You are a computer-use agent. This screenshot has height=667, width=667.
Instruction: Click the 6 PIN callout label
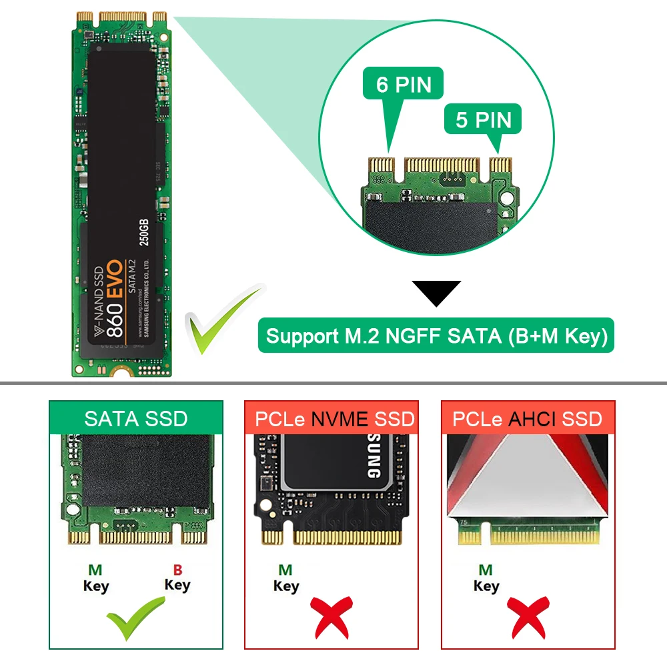tap(404, 85)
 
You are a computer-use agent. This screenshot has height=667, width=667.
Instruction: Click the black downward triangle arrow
tap(436, 293)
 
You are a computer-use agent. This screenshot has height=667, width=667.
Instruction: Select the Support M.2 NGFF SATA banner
tap(436, 336)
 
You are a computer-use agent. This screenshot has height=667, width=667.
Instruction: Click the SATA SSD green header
tap(136, 418)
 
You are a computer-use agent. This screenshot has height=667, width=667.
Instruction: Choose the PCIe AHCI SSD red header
tap(527, 418)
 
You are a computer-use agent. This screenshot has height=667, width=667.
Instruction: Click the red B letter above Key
tap(177, 570)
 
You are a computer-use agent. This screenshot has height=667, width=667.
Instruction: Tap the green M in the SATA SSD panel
tap(95, 571)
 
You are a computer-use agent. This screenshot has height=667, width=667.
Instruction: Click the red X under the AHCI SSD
tap(526, 617)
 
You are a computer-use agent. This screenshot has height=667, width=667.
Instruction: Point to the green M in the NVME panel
tap(285, 570)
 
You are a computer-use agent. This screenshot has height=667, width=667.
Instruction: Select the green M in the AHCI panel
tap(486, 570)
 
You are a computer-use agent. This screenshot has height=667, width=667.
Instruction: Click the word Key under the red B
tap(177, 586)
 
